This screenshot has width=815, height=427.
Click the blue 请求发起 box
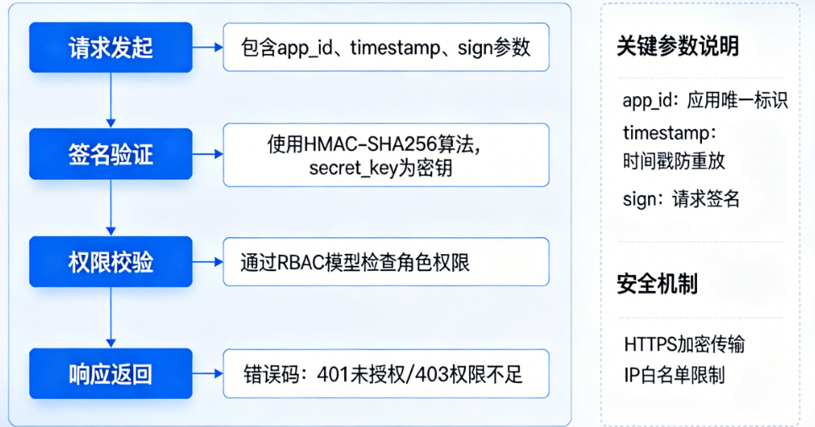(111, 47)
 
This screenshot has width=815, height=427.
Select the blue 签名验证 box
(111, 155)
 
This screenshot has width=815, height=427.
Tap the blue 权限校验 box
(111, 262)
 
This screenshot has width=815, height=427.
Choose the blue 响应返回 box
(111, 373)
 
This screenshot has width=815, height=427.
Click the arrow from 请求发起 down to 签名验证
(111, 100)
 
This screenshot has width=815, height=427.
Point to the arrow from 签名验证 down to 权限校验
(111, 208)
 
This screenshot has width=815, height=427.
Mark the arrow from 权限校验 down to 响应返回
(111, 316)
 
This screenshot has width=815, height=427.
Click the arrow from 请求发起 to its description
(208, 47)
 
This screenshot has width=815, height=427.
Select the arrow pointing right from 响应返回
(208, 373)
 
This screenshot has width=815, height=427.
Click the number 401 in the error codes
(333, 373)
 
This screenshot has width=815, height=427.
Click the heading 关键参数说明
(677, 46)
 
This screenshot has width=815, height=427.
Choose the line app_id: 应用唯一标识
(704, 100)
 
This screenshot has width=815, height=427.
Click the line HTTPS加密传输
(684, 344)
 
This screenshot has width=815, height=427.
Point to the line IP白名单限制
(674, 374)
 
